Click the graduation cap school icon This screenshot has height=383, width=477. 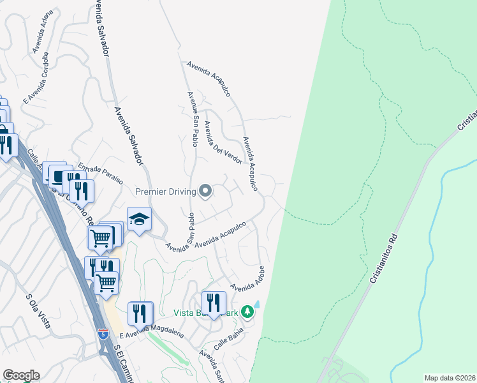coord(139,220)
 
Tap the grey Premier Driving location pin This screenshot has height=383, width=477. coord(205,191)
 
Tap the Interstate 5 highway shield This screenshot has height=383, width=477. coord(103,333)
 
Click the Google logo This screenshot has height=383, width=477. coord(21,375)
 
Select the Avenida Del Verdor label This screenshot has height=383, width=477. coord(223,140)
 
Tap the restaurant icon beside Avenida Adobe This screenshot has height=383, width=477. coord(213,302)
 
